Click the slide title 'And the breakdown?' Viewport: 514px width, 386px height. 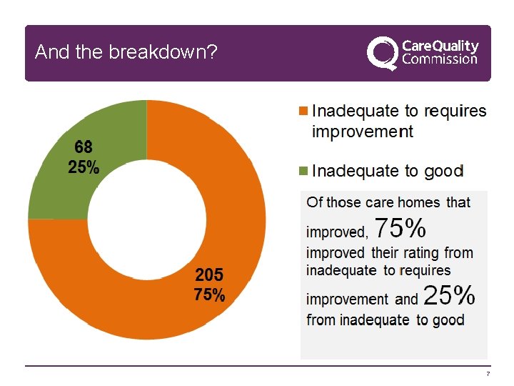click(x=126, y=52)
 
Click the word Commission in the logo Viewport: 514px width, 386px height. click(x=440, y=59)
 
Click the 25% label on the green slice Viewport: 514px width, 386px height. click(x=84, y=168)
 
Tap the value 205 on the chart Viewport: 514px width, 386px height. click(x=209, y=274)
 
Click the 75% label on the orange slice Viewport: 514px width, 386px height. click(x=209, y=295)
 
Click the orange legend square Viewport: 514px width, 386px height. click(x=303, y=111)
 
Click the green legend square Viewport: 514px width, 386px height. click(x=303, y=171)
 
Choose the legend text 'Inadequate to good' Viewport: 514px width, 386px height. click(x=388, y=171)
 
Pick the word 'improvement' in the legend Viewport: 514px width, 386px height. click(x=362, y=132)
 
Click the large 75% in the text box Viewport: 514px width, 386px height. click(x=400, y=228)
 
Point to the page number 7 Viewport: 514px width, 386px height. click(x=488, y=375)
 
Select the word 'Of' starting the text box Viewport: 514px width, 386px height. click(x=314, y=202)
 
